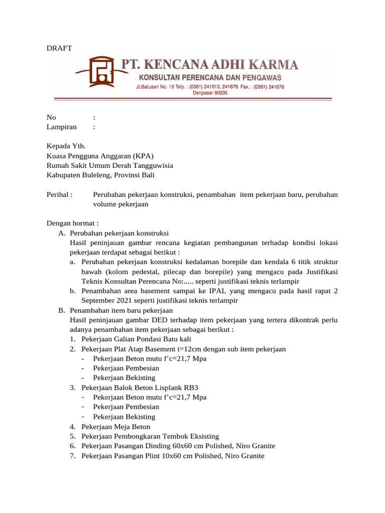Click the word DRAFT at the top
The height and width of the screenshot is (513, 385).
[x=59, y=48]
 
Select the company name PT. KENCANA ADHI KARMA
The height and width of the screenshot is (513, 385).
[x=211, y=65]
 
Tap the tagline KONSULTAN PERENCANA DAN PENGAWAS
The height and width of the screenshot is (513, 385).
[x=210, y=78]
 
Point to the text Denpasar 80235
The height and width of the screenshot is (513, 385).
[x=210, y=93]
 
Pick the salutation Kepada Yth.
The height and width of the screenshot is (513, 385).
[x=66, y=146]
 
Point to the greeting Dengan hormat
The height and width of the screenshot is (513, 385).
[x=73, y=223]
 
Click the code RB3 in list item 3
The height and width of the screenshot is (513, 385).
[x=196, y=388]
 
